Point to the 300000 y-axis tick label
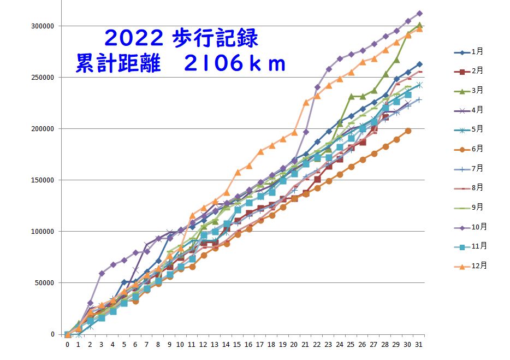pyautogui.click(x=45, y=26)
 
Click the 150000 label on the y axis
pyautogui.click(x=45, y=180)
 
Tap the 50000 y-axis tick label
pyautogui.click(x=46, y=283)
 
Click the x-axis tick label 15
pyautogui.click(x=238, y=345)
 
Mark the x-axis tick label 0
pyautogui.click(x=67, y=345)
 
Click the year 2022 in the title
pyautogui.click(x=133, y=38)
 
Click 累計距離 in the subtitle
pyautogui.click(x=118, y=64)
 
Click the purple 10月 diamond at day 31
pyautogui.click(x=419, y=13)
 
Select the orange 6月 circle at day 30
pyautogui.click(x=408, y=131)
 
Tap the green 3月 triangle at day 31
pyautogui.click(x=419, y=25)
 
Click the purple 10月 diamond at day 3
pyautogui.click(x=102, y=273)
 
